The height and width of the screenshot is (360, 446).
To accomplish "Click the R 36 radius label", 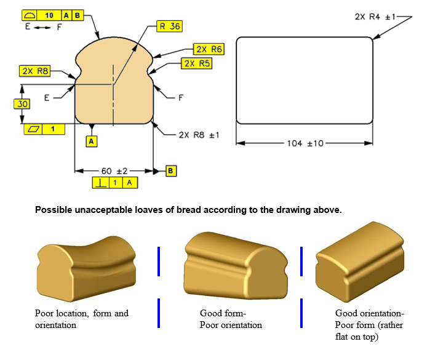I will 170,26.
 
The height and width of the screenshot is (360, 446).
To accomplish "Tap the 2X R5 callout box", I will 197,63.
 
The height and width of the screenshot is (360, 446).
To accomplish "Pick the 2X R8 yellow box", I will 34,71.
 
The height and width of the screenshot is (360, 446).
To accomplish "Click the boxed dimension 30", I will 22,105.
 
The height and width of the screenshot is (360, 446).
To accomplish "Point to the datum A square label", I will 92,141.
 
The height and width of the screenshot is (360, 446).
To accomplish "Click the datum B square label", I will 171,170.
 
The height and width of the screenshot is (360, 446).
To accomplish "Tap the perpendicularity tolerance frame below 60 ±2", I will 115,183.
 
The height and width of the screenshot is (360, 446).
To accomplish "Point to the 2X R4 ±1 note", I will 378,17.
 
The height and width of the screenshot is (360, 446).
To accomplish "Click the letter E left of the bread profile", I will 47,97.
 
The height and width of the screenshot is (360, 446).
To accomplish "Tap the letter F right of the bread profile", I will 181,97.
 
